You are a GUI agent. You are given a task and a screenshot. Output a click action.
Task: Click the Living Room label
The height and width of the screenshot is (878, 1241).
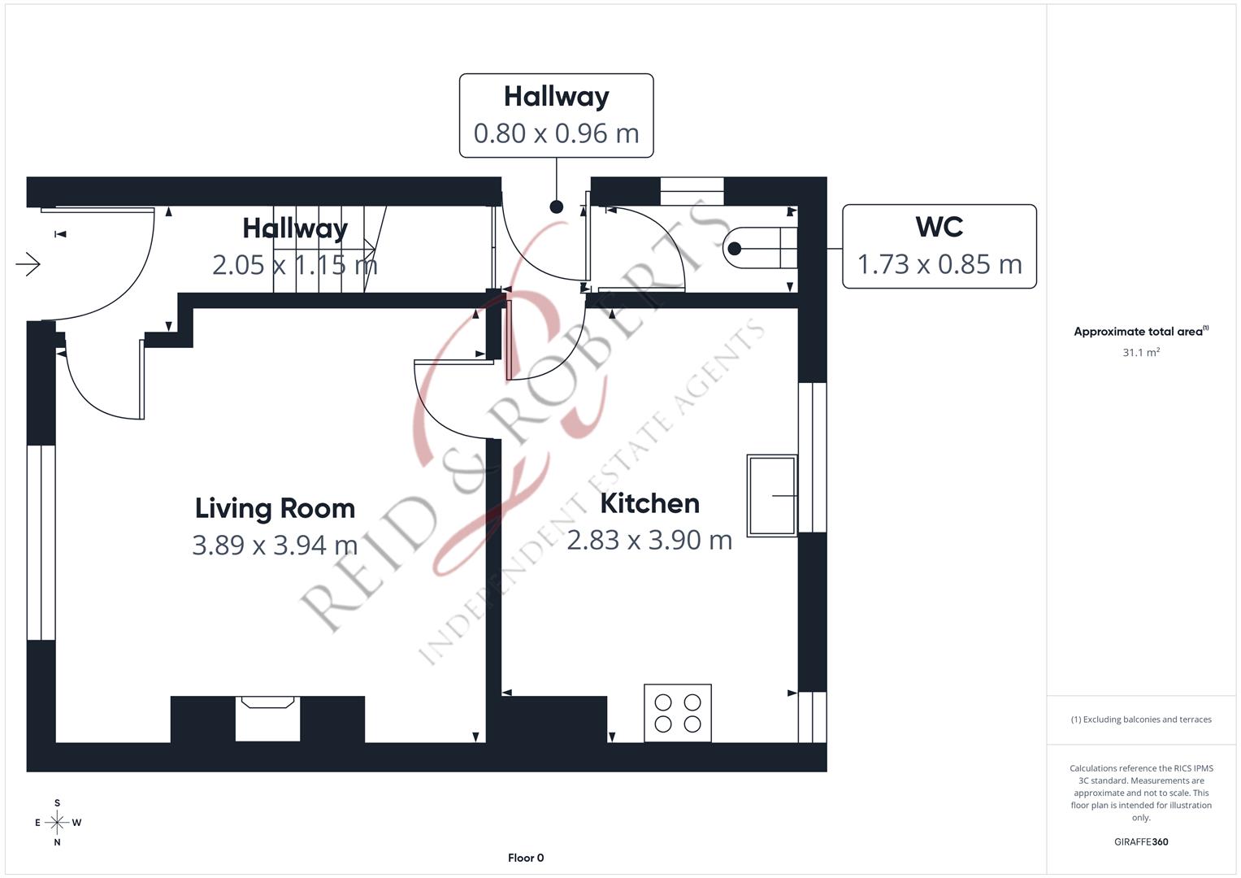point(275,508)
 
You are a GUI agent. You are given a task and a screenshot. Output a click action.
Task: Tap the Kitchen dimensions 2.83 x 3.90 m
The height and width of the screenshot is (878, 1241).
point(649,540)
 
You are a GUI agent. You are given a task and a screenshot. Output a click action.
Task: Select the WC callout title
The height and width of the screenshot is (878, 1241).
point(939,227)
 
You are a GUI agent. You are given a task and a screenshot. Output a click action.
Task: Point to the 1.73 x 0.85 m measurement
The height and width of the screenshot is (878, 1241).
point(939,264)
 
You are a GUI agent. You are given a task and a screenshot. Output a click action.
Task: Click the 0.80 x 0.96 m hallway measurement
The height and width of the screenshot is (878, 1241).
point(556,133)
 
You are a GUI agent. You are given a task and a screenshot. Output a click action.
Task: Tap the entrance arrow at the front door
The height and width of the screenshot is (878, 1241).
point(28,264)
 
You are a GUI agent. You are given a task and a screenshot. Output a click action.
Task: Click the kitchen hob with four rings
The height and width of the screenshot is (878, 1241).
point(678,713)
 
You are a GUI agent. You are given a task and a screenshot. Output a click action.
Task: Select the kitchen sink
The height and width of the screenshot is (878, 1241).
point(772,496)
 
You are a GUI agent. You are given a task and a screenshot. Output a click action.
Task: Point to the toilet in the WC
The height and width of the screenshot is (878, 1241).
point(760,248)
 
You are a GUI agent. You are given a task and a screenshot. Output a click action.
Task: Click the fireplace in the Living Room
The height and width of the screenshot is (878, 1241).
point(267,719)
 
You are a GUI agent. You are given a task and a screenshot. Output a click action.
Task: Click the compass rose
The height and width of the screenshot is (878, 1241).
point(57,823)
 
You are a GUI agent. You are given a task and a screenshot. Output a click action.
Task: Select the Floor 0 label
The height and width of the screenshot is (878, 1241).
point(526,858)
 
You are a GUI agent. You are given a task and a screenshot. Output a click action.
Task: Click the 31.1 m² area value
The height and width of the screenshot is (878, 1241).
point(1141,352)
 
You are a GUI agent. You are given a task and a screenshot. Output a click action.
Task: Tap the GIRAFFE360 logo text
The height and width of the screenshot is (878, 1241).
point(1141,842)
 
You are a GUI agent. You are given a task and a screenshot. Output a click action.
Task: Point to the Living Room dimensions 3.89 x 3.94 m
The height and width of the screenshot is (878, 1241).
point(275,545)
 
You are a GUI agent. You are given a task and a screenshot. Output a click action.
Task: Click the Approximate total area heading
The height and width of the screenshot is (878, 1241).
point(1141,331)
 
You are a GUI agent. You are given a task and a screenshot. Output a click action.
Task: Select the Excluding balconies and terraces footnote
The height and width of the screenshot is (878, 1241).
point(1141,719)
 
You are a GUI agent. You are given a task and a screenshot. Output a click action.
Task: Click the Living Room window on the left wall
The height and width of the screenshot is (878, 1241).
point(41,543)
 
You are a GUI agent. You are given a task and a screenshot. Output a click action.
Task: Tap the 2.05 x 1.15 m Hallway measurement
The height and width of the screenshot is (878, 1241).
point(295,265)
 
